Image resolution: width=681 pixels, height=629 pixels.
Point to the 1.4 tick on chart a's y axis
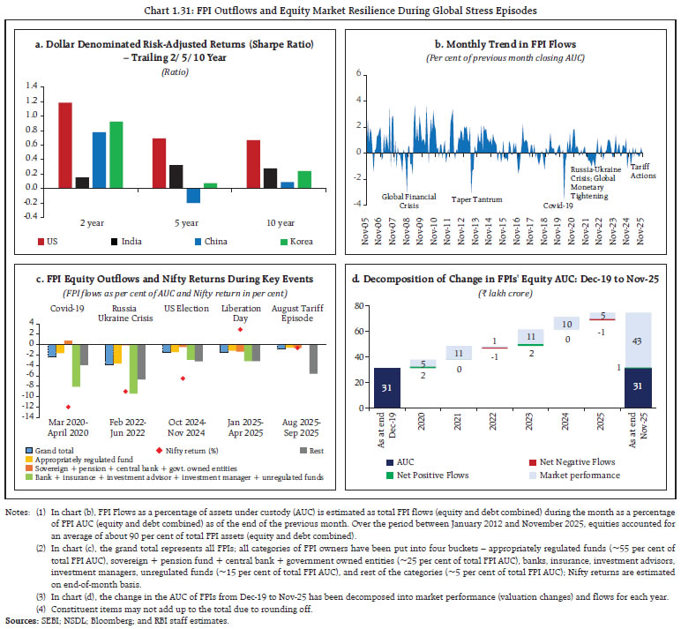point(34,86)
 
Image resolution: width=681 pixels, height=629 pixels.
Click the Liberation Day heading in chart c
point(240,308)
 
